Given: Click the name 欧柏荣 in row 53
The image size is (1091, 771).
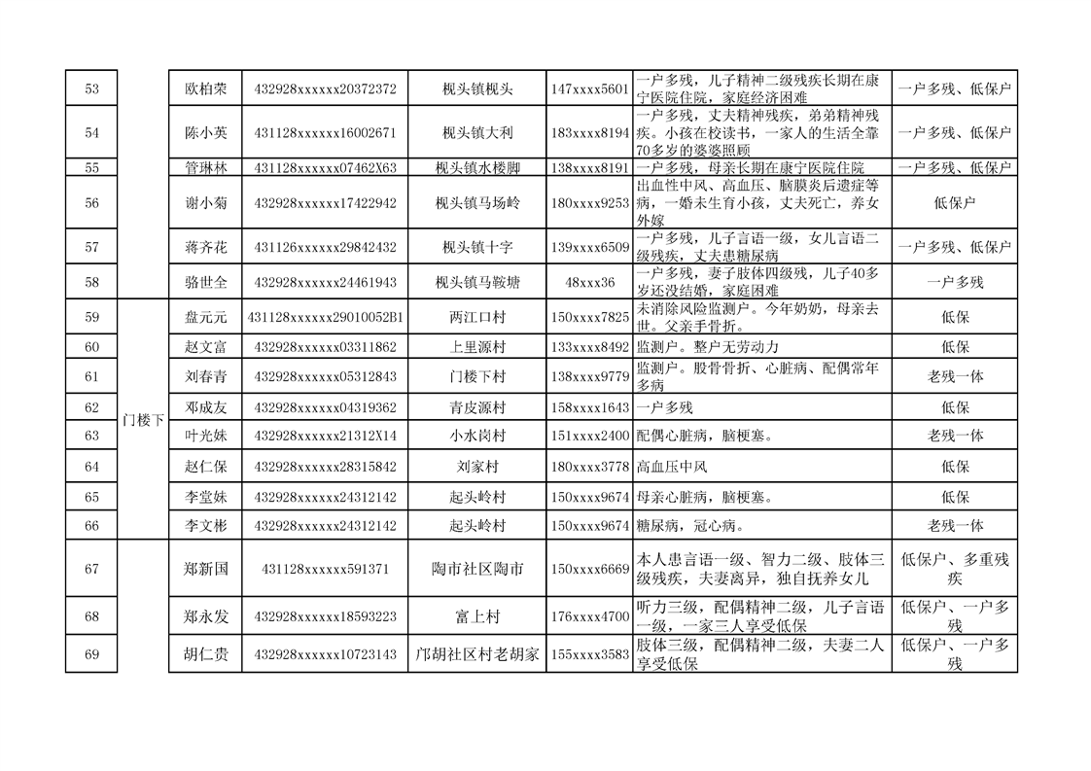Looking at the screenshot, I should pos(205,88).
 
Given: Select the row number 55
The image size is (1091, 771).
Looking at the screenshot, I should pos(91,167).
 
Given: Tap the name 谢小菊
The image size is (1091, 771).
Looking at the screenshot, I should pos(205,203).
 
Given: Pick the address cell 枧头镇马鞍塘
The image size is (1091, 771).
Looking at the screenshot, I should pos(476,282).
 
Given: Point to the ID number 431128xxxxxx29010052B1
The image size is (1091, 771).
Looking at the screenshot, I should pos(325,317).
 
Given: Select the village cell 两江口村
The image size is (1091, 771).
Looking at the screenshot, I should pos(476,317).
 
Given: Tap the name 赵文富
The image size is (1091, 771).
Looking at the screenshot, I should pos(205,346).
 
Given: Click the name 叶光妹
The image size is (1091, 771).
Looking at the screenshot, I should pos(205,436).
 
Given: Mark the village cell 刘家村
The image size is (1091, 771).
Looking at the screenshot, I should pos(476,467).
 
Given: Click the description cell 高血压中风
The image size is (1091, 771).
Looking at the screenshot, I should pos(671,467).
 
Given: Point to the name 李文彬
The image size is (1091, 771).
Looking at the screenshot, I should pos(205,525).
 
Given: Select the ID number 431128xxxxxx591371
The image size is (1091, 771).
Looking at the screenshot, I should pos(325,569).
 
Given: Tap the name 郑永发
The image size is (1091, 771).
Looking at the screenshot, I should pos(205,616).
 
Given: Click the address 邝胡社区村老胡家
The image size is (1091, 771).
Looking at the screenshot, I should pos(476,654).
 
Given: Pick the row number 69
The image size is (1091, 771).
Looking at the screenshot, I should pos(91,654).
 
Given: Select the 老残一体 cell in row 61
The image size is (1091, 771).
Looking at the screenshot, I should pos(954,376).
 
